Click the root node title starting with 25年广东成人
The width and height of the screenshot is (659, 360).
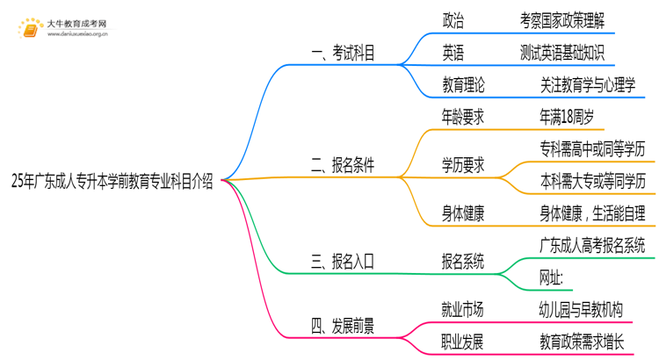pyautogui.click(x=112, y=182)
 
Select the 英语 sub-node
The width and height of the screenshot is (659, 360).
pyautogui.click(x=454, y=52)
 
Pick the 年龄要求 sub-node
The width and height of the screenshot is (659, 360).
pyautogui.click(x=463, y=115)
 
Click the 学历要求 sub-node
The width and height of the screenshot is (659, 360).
pyautogui.click(x=463, y=165)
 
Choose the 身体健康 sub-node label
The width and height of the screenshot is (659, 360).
pyautogui.click(x=463, y=212)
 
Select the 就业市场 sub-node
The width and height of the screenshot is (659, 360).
pyautogui.click(x=463, y=308)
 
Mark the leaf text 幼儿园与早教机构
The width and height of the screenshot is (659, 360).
pyautogui.click(x=581, y=308)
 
